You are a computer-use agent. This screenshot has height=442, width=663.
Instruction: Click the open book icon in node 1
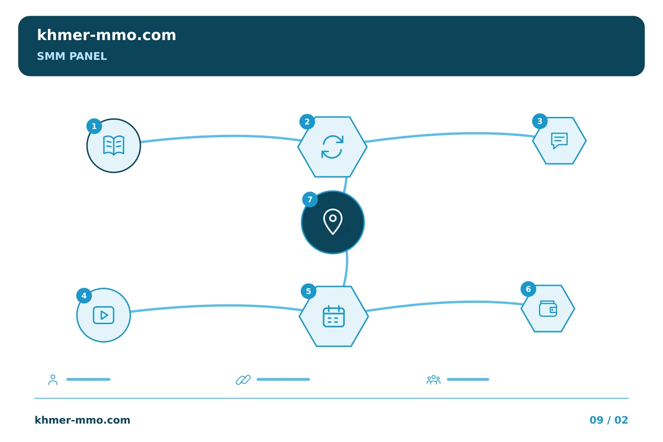tap(114, 145)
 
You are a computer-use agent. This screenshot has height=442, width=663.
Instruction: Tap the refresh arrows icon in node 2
tap(332, 147)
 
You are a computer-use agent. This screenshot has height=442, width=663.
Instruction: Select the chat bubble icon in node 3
tap(559, 140)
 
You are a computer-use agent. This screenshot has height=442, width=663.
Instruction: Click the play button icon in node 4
tap(104, 315)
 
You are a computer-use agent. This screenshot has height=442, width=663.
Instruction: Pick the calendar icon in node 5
tap(333, 316)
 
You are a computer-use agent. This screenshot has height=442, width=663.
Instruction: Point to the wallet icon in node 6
tap(548, 308)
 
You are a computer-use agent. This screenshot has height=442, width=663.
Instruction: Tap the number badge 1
tap(94, 126)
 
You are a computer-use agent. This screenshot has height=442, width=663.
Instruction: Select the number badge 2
tap(307, 122)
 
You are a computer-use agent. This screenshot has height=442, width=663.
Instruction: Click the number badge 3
tap(540, 121)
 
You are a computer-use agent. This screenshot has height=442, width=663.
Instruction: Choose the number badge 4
tap(84, 296)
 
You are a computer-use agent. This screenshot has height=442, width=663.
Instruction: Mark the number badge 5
tap(308, 291)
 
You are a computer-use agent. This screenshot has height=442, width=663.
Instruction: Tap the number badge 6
tap(529, 289)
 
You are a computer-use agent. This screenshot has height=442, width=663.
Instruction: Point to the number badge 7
tap(310, 199)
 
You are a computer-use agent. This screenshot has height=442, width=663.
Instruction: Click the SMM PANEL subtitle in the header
tap(72, 56)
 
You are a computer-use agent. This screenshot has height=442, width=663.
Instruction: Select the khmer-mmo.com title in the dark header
tap(106, 35)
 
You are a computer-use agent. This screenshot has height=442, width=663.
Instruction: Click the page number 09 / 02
tap(609, 420)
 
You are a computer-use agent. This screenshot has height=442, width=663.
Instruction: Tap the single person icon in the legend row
tap(53, 379)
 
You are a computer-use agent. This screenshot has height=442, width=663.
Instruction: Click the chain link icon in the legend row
tap(243, 380)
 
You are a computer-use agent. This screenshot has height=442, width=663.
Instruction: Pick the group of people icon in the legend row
tap(433, 379)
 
